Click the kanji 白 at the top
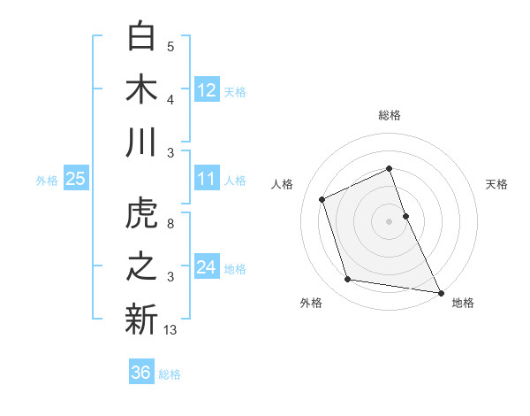click(141, 36)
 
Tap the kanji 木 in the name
click(141, 89)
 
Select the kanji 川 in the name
click(141, 143)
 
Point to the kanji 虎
click(141, 215)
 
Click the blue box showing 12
click(207, 90)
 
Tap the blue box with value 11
click(207, 180)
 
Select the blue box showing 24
click(207, 268)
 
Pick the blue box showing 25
click(76, 180)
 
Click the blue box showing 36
click(141, 373)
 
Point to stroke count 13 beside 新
click(170, 330)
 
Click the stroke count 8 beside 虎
click(170, 224)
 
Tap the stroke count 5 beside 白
click(170, 47)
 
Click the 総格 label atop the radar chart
click(389, 115)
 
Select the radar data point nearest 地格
click(441, 292)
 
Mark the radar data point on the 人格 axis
click(322, 198)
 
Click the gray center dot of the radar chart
click(389, 220)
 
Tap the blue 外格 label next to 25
click(47, 181)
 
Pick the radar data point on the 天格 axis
click(405, 215)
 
